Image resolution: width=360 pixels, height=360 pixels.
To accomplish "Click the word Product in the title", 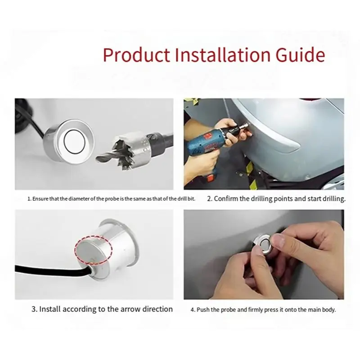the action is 136,55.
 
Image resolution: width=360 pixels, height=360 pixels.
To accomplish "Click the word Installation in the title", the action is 222,54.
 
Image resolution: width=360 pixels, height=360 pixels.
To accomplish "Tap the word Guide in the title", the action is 300,54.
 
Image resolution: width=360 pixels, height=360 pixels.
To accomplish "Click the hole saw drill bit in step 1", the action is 134,150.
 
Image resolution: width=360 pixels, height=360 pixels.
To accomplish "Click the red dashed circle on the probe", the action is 93,249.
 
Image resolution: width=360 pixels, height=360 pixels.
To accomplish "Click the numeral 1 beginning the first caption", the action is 29,199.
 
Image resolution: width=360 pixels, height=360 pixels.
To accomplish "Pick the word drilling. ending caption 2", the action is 334,199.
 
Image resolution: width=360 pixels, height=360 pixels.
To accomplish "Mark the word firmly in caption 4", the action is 256,310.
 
